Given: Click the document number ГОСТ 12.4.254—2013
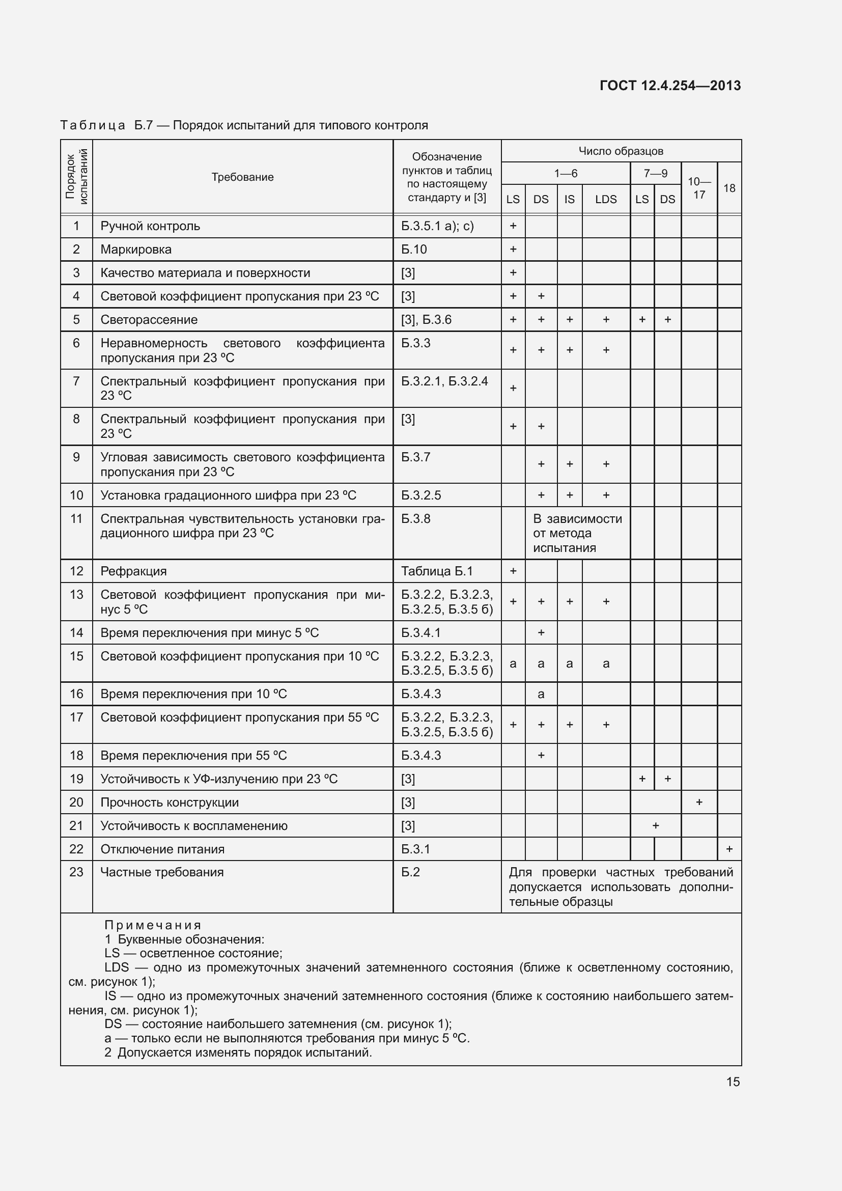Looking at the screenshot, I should click(x=670, y=86).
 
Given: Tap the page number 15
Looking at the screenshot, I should click(x=733, y=1082).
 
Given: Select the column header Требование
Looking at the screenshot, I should click(x=242, y=177).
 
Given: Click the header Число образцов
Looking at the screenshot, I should click(x=621, y=151).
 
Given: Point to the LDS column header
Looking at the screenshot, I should click(x=606, y=199).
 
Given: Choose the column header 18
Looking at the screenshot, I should click(x=729, y=188).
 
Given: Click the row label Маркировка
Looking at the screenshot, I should click(x=136, y=250).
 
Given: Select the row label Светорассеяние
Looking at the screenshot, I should click(x=149, y=320).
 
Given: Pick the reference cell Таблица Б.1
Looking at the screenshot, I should click(x=437, y=571).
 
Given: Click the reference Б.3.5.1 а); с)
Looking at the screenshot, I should click(x=437, y=226).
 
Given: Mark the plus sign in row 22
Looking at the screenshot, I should click(x=729, y=849).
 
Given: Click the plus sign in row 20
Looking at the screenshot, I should click(x=699, y=802).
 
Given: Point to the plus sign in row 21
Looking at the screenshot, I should click(x=655, y=826).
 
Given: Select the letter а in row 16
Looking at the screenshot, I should click(x=541, y=694).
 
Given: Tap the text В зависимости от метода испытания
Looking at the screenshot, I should click(x=577, y=533).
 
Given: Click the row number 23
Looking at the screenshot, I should click(x=76, y=872).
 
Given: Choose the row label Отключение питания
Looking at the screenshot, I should click(x=162, y=849).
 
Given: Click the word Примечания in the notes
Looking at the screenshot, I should click(x=152, y=925).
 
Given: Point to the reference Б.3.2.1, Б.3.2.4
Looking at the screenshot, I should click(x=444, y=381).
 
